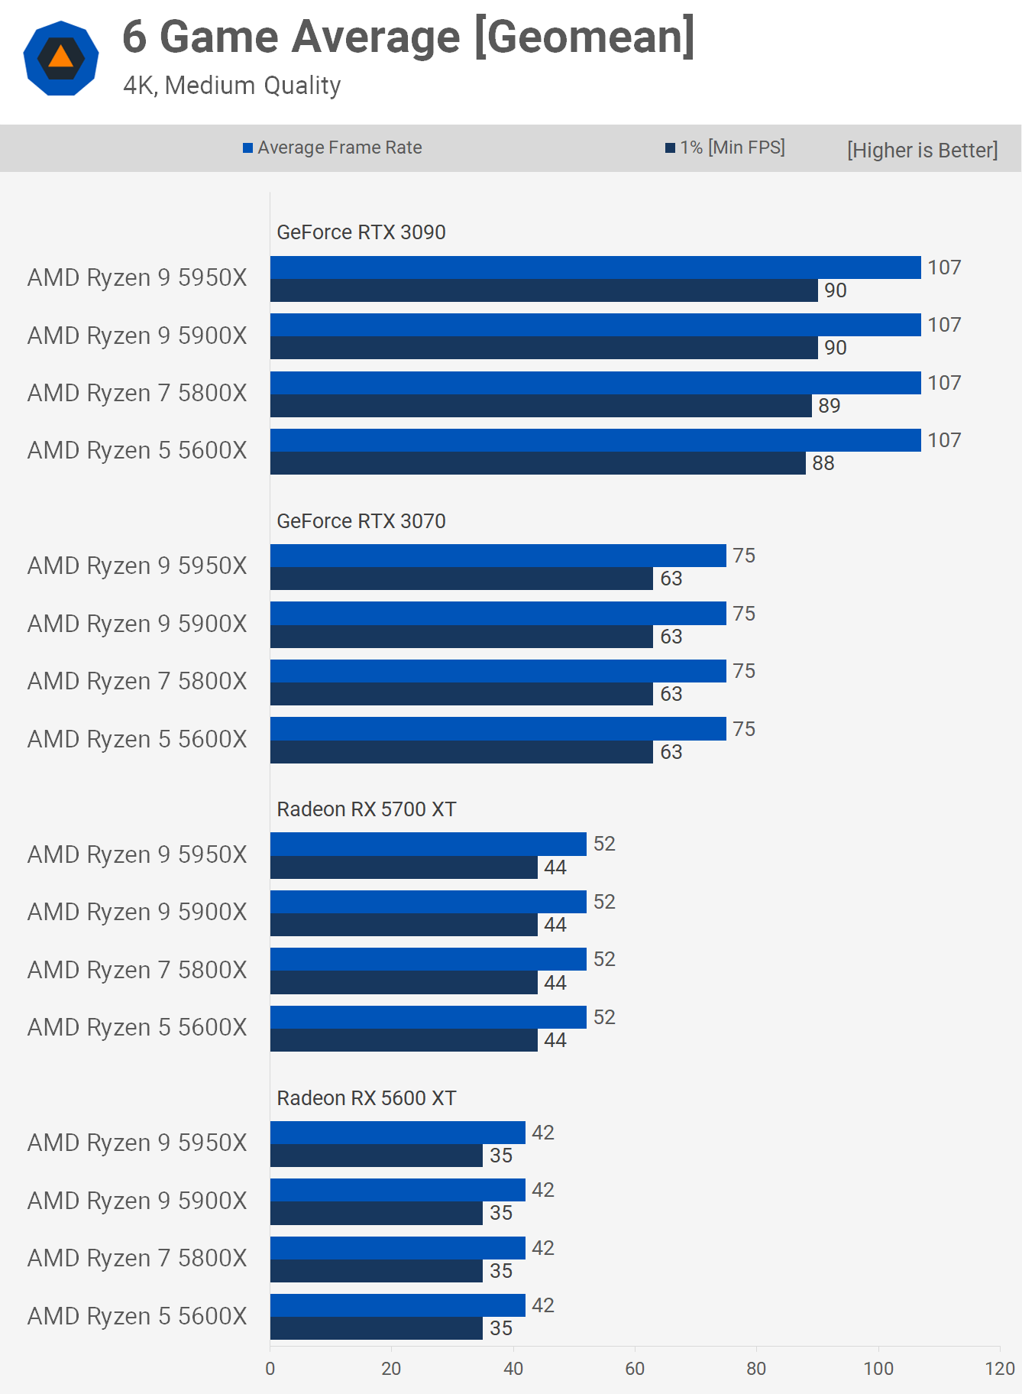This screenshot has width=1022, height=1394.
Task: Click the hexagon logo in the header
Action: point(61,58)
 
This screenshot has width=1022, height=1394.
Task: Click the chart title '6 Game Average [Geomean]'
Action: point(409,37)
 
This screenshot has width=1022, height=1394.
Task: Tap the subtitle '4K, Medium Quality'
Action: point(231,86)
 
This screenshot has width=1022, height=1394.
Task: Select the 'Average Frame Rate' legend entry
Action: point(332,148)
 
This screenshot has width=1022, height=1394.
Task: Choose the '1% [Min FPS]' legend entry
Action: point(725,148)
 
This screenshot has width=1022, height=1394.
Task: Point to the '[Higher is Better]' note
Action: point(922,150)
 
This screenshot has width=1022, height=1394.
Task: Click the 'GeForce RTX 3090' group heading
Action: point(361,232)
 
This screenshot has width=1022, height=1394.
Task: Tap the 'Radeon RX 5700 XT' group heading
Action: point(366,809)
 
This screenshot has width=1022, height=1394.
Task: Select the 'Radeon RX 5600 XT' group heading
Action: point(366,1098)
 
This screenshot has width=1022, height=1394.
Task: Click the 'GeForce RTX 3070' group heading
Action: point(361,521)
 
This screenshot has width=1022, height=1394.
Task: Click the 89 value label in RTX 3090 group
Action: point(829,406)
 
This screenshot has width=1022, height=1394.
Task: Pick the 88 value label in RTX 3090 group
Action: point(823,463)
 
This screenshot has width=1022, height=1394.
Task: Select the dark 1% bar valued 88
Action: point(537,463)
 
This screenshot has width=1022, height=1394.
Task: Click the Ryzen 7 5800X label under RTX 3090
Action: point(137,393)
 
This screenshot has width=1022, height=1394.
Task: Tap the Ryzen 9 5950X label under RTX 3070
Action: point(137,566)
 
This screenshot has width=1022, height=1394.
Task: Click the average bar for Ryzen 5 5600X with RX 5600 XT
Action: point(397,1305)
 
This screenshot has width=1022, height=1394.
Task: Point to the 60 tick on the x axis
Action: point(635,1369)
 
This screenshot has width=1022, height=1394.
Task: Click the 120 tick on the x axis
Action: point(999,1369)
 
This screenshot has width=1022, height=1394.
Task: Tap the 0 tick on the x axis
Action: point(270,1369)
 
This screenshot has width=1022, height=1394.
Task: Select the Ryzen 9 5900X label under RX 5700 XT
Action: point(137,912)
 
